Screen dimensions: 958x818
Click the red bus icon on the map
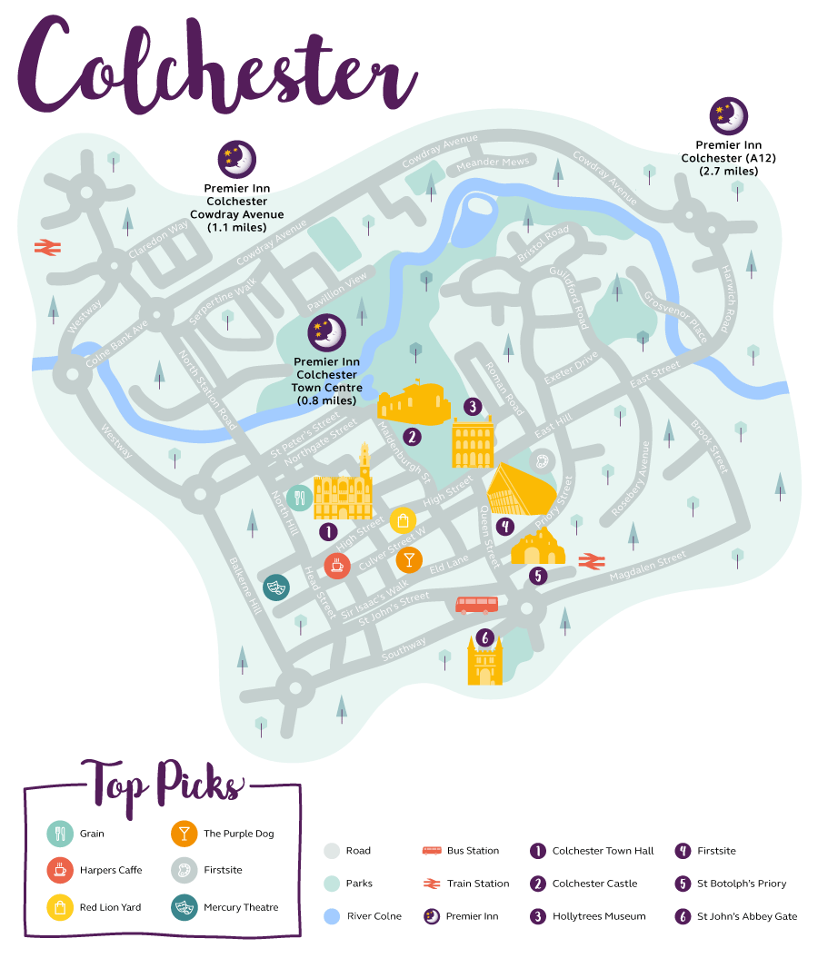click(x=476, y=605)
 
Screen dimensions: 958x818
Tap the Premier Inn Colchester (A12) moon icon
click(x=728, y=116)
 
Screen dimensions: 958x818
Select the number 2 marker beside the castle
click(x=412, y=437)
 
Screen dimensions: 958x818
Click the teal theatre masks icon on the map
click(x=276, y=587)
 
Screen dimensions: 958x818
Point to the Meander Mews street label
click(x=492, y=163)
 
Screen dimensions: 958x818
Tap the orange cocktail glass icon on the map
click(x=409, y=559)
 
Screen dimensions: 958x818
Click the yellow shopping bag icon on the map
click(x=403, y=520)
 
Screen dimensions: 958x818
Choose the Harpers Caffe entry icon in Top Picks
click(x=60, y=870)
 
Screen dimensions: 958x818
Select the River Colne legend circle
click(x=332, y=916)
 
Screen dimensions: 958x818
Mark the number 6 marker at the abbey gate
click(x=485, y=638)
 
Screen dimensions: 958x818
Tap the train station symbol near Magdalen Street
click(x=592, y=561)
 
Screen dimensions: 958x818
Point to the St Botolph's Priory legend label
click(x=742, y=884)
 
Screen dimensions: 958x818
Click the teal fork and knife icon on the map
click(x=300, y=498)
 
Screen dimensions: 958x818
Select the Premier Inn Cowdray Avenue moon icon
click(x=236, y=159)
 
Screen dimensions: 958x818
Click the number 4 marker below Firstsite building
click(x=504, y=526)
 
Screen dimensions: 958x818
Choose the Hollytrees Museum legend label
click(x=599, y=916)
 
